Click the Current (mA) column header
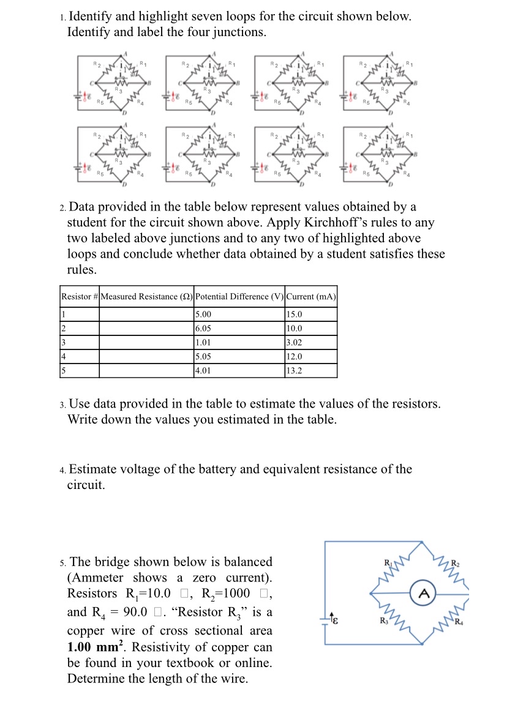pyautogui.click(x=311, y=297)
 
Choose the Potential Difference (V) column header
pyautogui.click(x=239, y=297)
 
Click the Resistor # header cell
pyautogui.click(x=79, y=297)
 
